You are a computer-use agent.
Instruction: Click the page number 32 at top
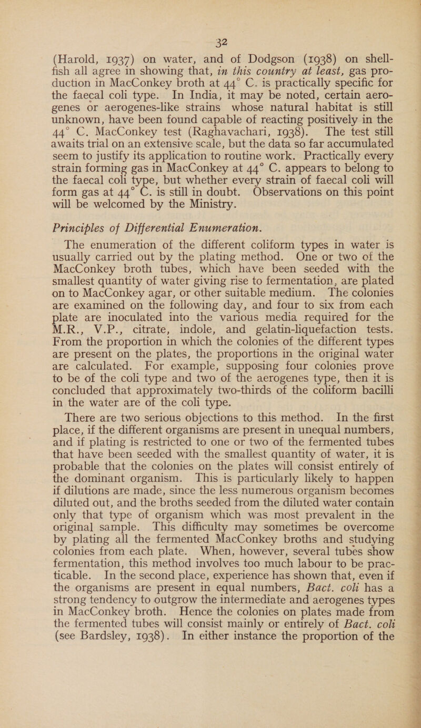(x=207, y=21)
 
